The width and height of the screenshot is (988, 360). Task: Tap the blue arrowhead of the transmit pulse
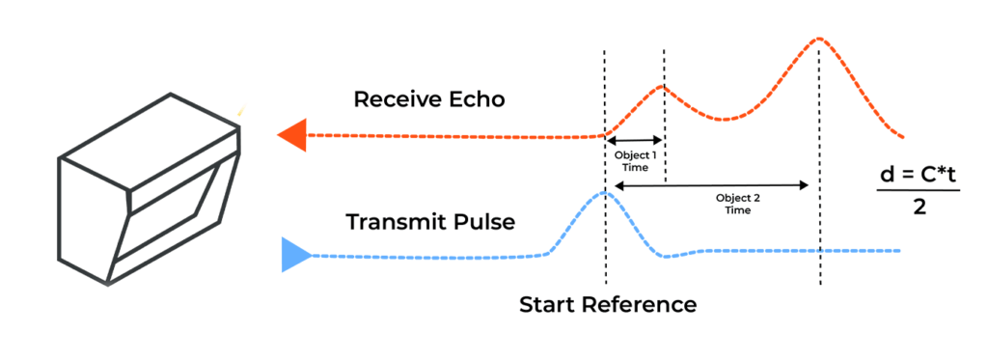pos(294,255)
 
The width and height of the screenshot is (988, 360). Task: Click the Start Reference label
pos(608,305)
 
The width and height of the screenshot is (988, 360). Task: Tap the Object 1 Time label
pos(635,160)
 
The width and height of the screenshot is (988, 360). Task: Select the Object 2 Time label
pos(739,203)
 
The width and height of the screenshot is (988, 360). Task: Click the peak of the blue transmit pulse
pos(605,193)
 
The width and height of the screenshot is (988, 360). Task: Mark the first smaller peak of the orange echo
pos(663,87)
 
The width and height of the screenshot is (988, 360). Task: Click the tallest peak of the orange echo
pos(818,39)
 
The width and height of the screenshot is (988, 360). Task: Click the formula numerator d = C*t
pos(918,175)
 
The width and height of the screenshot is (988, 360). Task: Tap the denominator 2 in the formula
pos(919,208)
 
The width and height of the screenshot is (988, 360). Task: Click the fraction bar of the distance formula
pos(918,191)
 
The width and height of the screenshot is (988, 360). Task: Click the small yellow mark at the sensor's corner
pos(240,112)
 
